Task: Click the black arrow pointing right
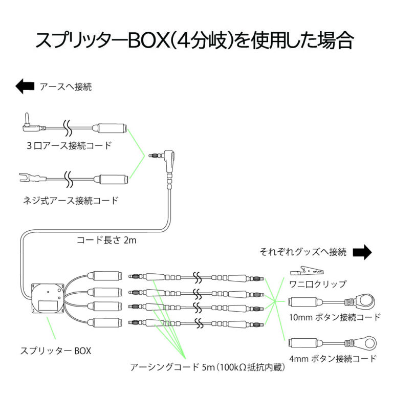click(x=362, y=252)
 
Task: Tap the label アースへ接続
click(x=65, y=87)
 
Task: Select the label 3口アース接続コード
click(x=69, y=145)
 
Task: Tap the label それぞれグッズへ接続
click(x=303, y=252)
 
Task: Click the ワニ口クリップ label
click(x=318, y=284)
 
